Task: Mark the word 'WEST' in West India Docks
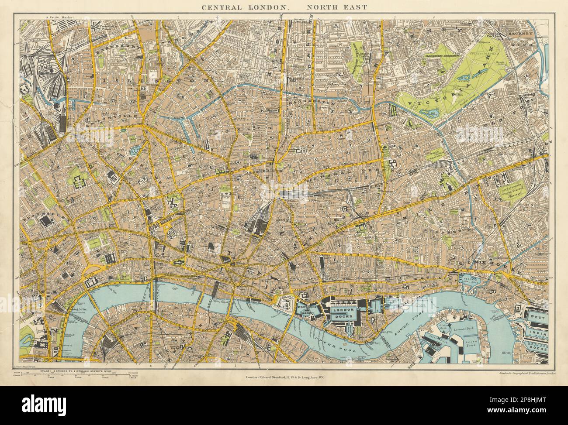point(537,314)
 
